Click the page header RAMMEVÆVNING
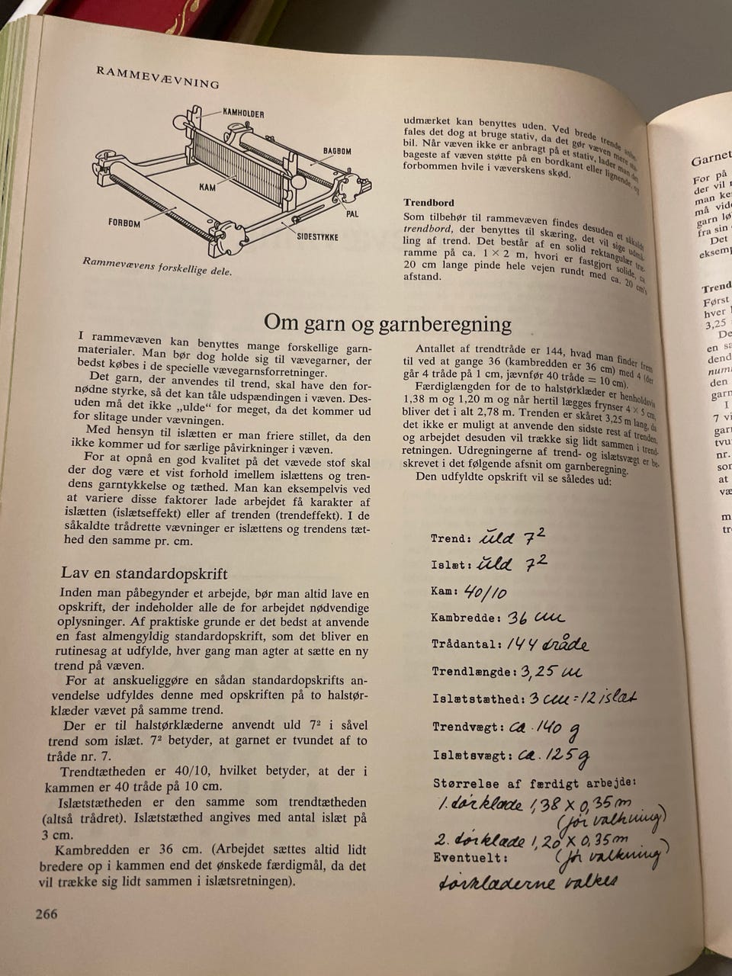click(159, 78)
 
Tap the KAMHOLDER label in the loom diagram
click(243, 114)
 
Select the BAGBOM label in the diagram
click(335, 152)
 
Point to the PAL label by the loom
click(352, 214)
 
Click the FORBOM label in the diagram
click(124, 223)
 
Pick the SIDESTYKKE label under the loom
click(317, 237)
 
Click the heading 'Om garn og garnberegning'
click(387, 323)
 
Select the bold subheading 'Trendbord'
click(429, 203)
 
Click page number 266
click(47, 914)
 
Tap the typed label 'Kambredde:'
click(464, 618)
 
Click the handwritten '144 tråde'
click(547, 645)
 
